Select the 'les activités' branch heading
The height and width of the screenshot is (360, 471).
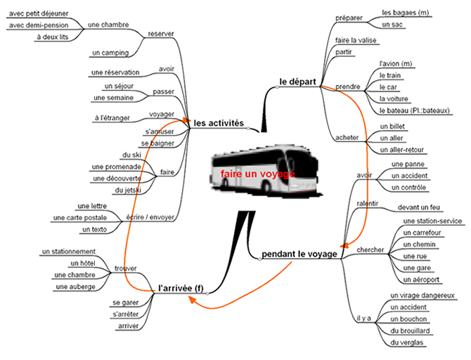point(219,123)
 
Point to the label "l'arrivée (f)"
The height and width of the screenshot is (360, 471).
point(181,287)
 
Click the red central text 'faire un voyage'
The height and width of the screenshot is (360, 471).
point(256,173)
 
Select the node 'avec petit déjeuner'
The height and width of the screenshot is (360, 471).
point(39,12)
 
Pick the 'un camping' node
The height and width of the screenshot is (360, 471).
point(110,52)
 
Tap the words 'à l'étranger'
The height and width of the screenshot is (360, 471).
point(112,117)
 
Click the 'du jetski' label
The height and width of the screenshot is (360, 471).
point(129,191)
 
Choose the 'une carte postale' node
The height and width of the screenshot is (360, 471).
point(80,218)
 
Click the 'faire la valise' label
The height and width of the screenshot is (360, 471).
point(356,39)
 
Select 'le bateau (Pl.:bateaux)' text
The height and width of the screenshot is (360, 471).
point(414,111)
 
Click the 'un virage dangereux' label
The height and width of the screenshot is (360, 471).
point(422,295)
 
